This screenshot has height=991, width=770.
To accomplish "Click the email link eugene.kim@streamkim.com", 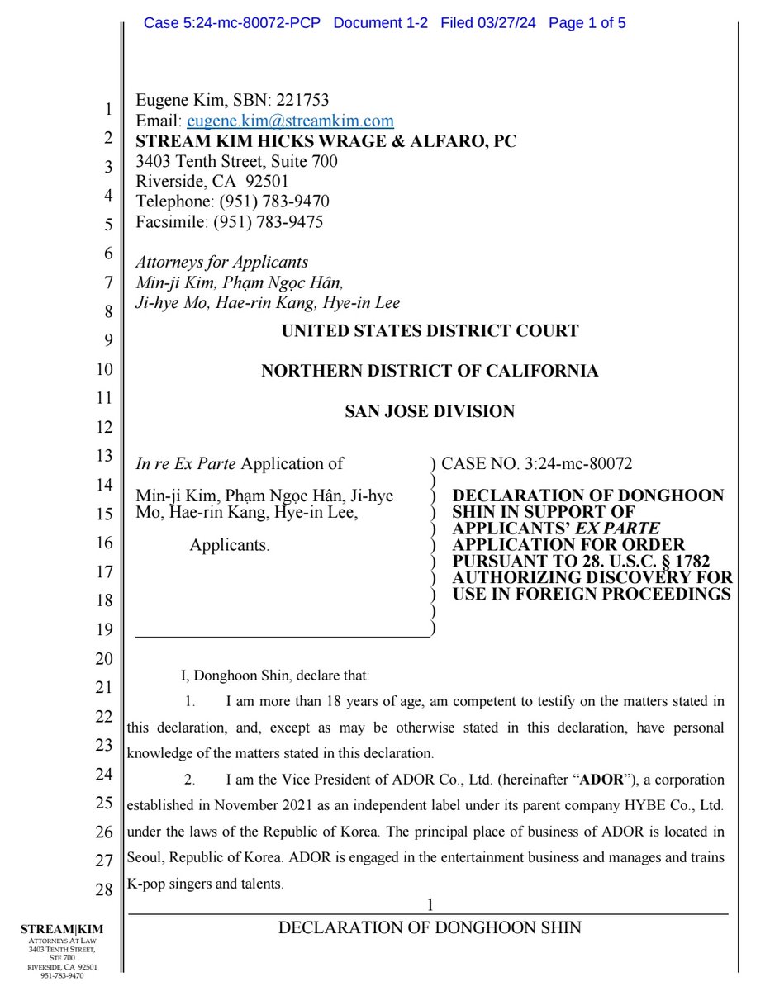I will (290, 121).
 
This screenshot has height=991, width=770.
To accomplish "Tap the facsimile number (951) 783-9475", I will (269, 221).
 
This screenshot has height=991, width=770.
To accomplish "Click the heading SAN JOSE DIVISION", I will (430, 411).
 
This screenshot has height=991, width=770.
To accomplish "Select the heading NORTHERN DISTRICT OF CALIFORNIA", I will (430, 371).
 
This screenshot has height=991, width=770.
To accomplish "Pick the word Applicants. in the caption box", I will (230, 545).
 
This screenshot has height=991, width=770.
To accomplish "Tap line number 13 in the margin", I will (103, 455).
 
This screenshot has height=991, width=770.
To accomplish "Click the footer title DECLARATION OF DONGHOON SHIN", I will (430, 927).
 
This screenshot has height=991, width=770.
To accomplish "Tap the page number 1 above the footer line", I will (430, 906).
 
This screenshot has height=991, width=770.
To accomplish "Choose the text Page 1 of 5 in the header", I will (587, 23).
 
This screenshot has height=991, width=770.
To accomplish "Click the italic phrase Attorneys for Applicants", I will (221, 263).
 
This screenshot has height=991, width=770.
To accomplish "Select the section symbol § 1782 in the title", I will (674, 562).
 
